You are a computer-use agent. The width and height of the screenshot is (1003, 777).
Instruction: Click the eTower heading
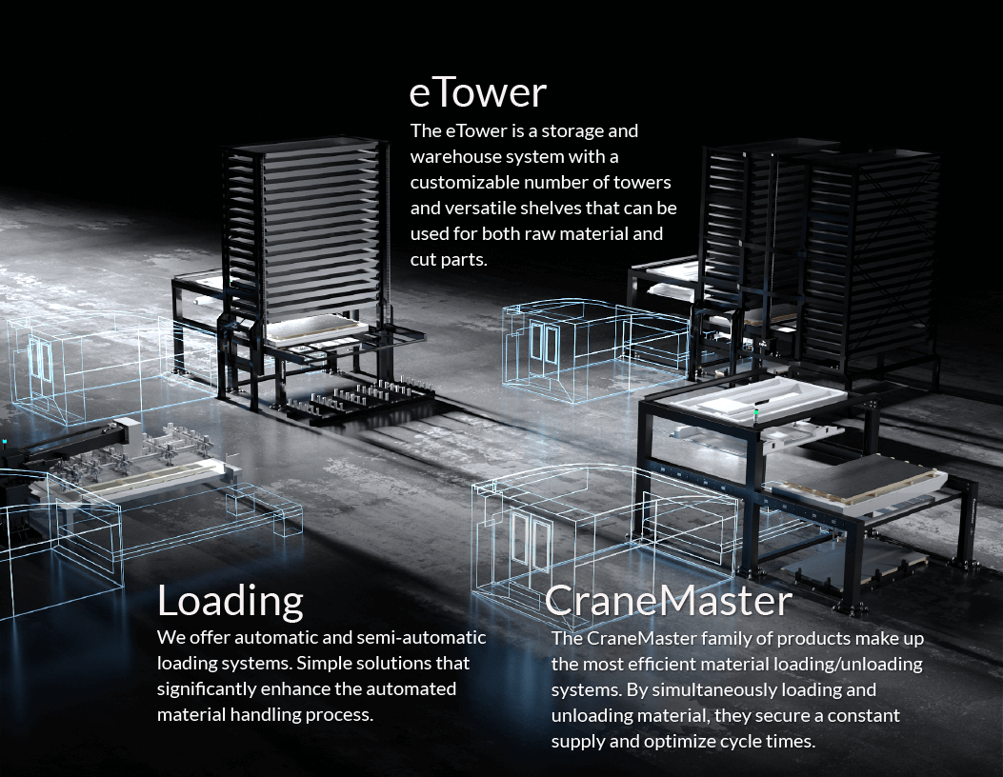coord(477,92)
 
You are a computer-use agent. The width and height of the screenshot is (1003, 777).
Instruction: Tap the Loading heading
coord(230,601)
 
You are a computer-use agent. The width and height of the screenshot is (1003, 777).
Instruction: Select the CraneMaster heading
coord(668,600)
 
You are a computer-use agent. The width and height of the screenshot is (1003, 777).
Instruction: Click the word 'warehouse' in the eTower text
coord(452,155)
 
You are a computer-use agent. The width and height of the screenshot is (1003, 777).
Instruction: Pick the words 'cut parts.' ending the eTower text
coord(449,258)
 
